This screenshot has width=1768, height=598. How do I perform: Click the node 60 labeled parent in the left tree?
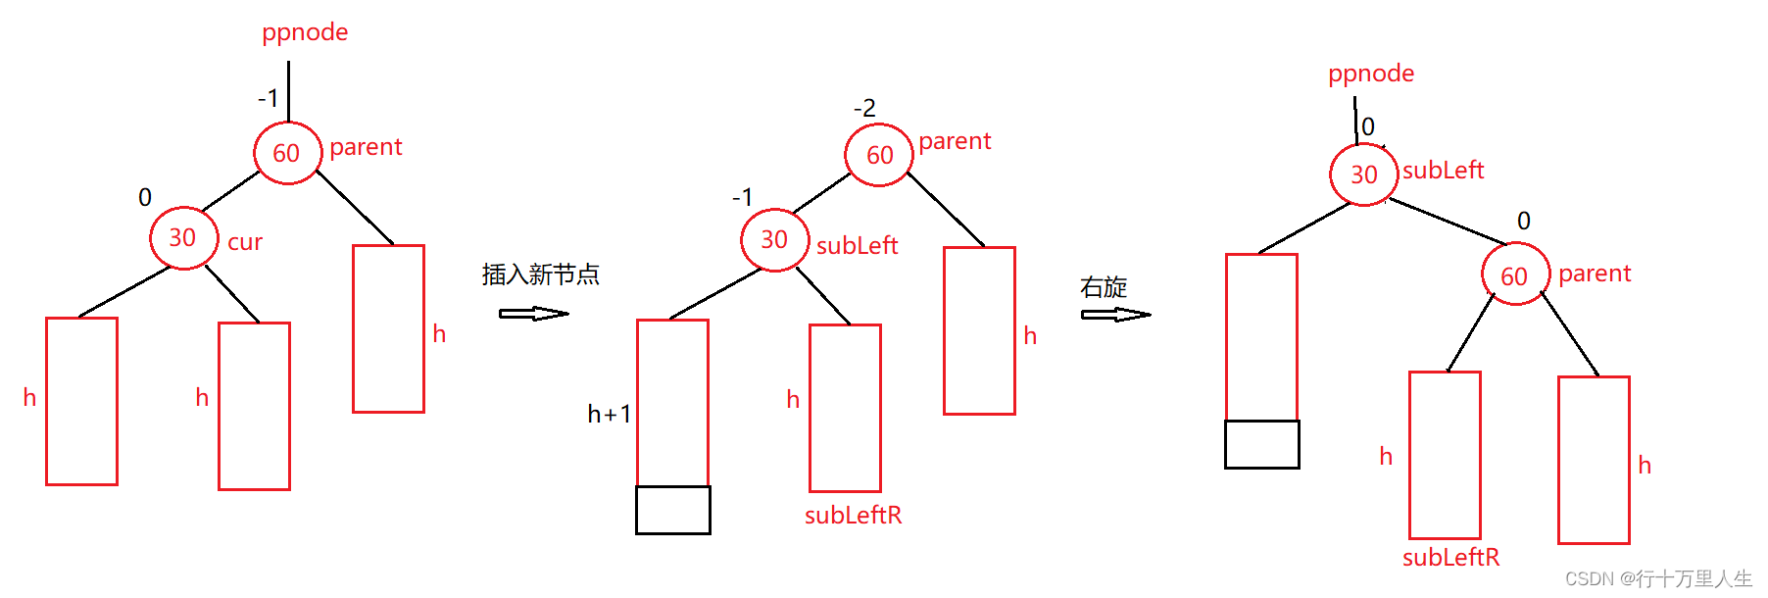point(287,153)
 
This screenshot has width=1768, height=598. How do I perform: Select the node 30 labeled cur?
point(183,238)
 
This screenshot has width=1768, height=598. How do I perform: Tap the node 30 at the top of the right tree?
point(1363,174)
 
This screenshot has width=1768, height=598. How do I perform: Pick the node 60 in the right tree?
point(1515,275)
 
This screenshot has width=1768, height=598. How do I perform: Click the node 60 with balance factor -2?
point(879,155)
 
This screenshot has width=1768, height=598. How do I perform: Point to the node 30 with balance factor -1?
point(774,240)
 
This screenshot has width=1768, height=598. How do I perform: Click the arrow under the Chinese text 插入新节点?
point(533,314)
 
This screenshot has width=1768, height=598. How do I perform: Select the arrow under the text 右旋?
point(1115,315)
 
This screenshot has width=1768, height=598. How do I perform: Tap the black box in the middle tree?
point(673,510)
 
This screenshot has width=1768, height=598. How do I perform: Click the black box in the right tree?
point(1262,444)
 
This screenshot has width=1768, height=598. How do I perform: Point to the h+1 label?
point(609,415)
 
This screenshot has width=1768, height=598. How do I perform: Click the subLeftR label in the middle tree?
point(853,516)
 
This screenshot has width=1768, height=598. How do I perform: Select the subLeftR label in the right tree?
point(1450,558)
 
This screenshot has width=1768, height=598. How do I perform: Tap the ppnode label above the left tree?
point(305,32)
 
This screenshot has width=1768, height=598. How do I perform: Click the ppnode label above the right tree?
point(1371,74)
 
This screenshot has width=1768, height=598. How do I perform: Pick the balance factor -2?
point(864,108)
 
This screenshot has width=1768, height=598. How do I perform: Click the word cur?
point(245,242)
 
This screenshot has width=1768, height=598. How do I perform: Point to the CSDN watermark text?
point(1658,578)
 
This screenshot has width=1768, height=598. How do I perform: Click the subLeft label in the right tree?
point(1443,171)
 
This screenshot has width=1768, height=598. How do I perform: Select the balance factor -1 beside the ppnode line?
point(268,98)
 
